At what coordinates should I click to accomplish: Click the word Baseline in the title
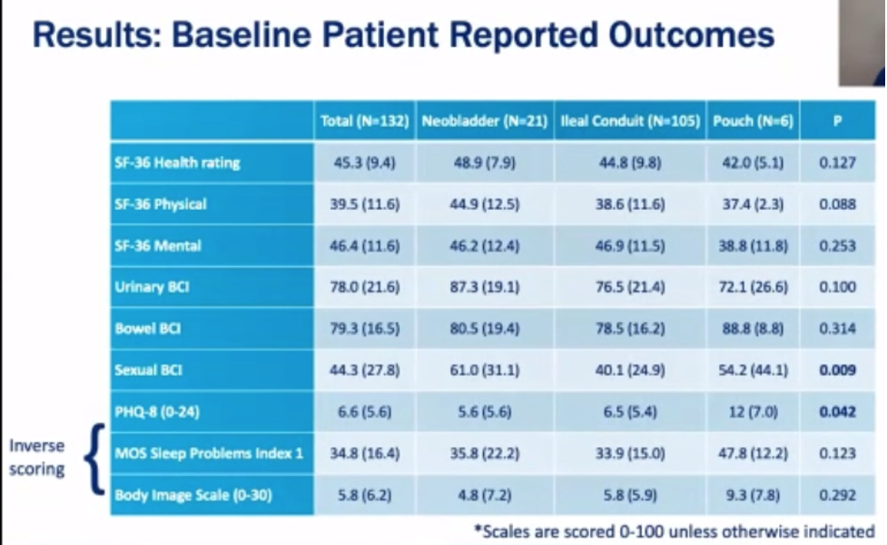tap(237, 35)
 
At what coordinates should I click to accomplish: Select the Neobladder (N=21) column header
tap(485, 121)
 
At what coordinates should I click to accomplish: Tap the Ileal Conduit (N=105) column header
tap(630, 121)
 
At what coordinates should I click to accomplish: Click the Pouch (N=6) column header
tap(753, 121)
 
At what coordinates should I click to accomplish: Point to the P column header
tap(837, 121)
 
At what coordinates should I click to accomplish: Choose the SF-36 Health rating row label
tap(177, 163)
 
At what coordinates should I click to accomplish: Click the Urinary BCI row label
tap(152, 287)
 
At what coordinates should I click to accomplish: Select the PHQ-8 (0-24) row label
tap(157, 411)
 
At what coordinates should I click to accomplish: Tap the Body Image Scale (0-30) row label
tap(192, 495)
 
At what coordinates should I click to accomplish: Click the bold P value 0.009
tap(837, 370)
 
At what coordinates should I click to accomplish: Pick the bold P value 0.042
tap(837, 411)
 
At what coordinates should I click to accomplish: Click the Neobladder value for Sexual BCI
tap(485, 370)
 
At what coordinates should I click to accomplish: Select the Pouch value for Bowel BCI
tap(753, 328)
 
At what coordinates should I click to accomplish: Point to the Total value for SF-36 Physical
tap(365, 204)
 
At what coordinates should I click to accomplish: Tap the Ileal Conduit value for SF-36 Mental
tap(630, 245)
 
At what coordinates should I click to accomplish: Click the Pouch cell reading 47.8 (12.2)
tap(753, 453)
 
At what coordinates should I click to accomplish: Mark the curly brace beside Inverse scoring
tap(94, 459)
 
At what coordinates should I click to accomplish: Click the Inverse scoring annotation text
tap(37, 457)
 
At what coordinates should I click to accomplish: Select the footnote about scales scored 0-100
tap(675, 531)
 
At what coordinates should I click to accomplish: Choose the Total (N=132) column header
tap(365, 121)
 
